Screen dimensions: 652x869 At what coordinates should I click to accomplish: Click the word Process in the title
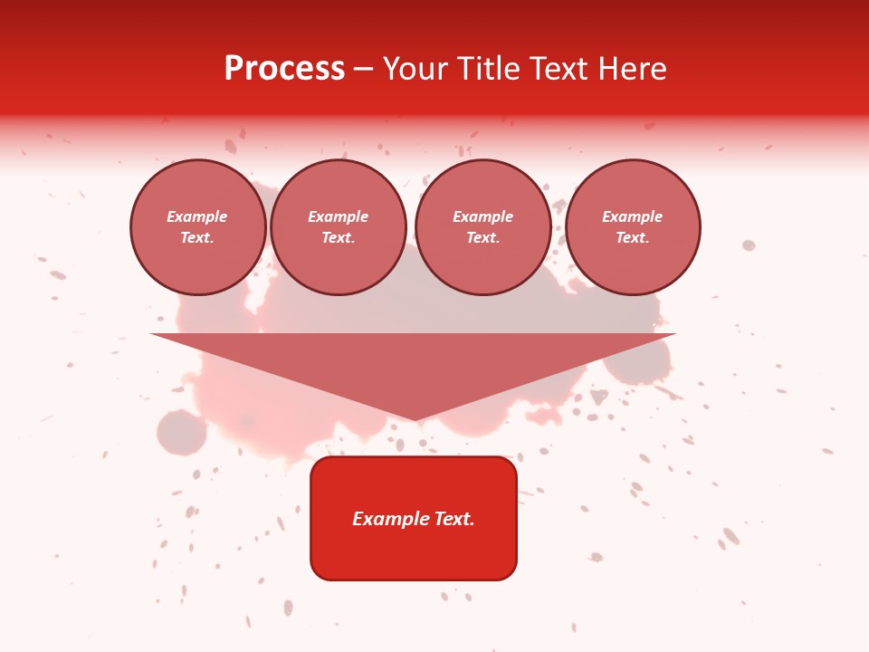(x=284, y=69)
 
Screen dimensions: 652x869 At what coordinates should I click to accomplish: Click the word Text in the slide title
(x=558, y=69)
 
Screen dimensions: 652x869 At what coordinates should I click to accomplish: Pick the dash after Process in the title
(x=363, y=70)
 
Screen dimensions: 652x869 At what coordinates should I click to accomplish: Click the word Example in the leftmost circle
(x=197, y=216)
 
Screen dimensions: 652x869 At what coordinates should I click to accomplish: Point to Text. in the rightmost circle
(x=633, y=238)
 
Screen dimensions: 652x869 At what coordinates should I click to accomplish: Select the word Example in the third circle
(x=483, y=216)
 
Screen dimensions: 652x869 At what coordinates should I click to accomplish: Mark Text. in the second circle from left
(x=339, y=238)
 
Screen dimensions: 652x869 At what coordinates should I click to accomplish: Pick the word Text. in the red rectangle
(x=454, y=519)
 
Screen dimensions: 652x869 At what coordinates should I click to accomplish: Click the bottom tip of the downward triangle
(x=415, y=418)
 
